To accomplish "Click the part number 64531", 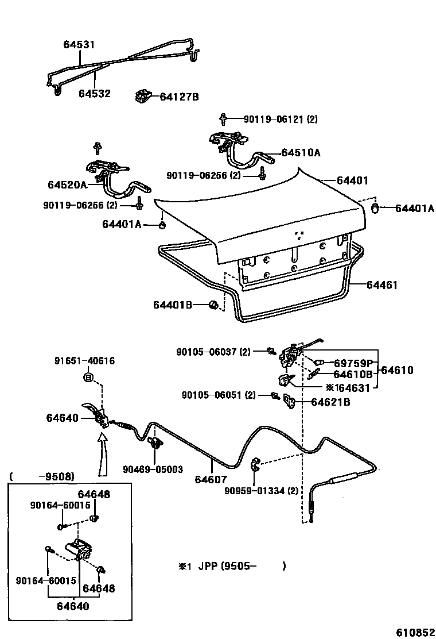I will (x=79, y=44).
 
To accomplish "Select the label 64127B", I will (x=179, y=97).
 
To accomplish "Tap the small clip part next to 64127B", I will (x=143, y=96).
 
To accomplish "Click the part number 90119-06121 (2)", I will (x=280, y=120).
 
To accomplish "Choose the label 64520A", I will (x=67, y=184).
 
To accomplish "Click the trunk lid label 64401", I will (x=352, y=180).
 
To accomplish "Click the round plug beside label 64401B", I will (x=213, y=305).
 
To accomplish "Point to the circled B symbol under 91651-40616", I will (x=88, y=378).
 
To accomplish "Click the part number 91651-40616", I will (x=84, y=361).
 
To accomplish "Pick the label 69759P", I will (x=354, y=363).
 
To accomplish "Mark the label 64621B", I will (x=330, y=402).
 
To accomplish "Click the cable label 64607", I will (x=211, y=479).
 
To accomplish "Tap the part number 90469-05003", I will (x=153, y=469).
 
